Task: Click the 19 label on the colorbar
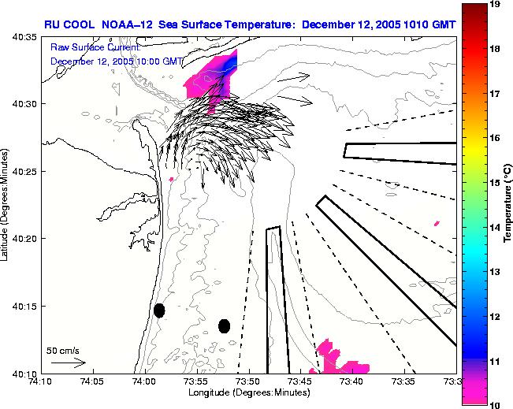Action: [x=496, y=5]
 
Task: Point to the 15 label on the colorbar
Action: [x=496, y=182]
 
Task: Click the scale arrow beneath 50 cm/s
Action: [x=68, y=363]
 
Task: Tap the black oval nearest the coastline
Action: [x=159, y=310]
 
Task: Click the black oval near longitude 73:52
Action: [x=224, y=325]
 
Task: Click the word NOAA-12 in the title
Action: [x=128, y=24]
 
